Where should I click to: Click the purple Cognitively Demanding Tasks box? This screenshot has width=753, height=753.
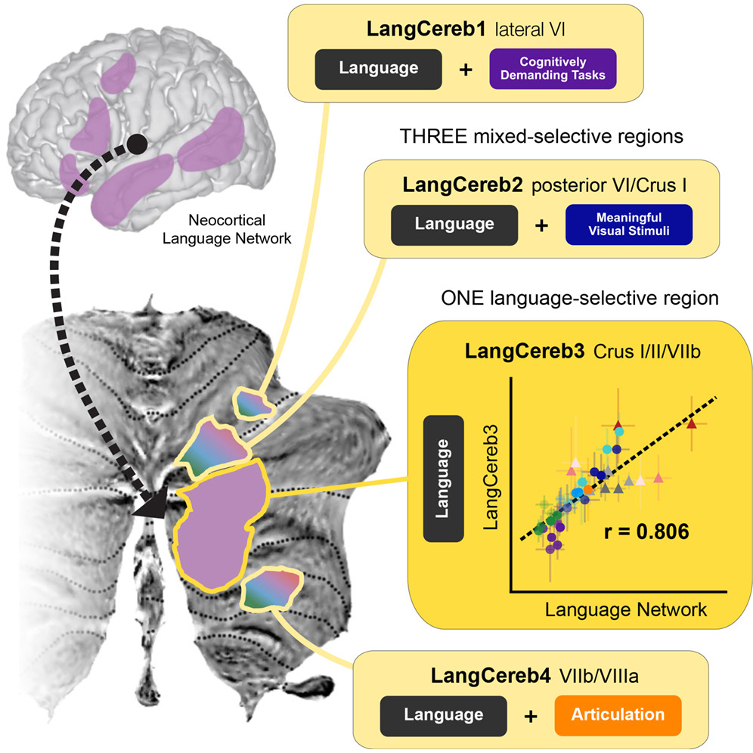(x=553, y=70)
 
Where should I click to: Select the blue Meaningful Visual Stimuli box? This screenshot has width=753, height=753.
(x=629, y=225)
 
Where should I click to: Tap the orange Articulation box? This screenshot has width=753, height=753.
(x=618, y=714)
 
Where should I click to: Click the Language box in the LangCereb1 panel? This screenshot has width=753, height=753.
(x=378, y=68)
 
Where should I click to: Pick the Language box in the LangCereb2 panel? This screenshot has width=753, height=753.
(x=454, y=224)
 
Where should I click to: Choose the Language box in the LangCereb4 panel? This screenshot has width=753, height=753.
(x=443, y=714)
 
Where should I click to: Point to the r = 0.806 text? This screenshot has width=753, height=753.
(x=646, y=531)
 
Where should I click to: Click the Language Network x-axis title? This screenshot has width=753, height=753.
(x=626, y=609)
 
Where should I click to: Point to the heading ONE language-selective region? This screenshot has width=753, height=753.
(x=580, y=299)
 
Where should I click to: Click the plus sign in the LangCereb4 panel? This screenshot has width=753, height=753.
(x=531, y=715)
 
